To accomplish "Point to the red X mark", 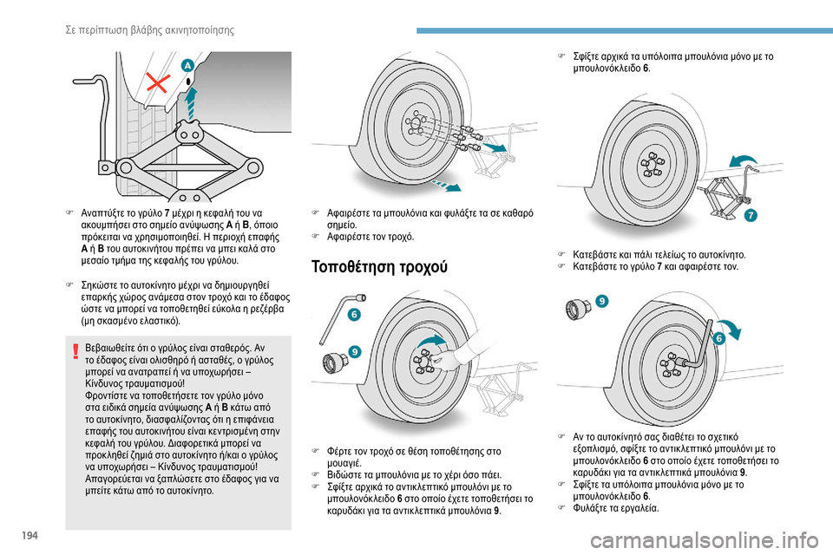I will pyautogui.click(x=157, y=85).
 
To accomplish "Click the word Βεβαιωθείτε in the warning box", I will pyautogui.click(x=119, y=349).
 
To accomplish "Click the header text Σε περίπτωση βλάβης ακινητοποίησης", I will pyautogui.click(x=151, y=31).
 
